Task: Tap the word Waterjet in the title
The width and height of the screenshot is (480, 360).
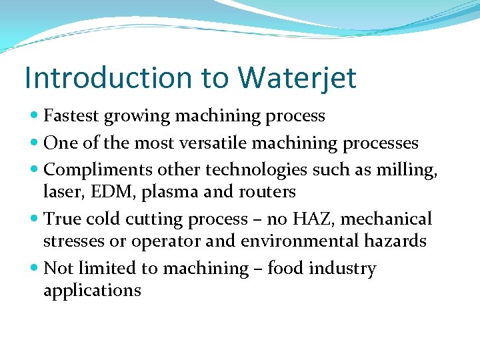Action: [x=297, y=78]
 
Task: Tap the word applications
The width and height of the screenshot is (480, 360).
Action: [x=92, y=291]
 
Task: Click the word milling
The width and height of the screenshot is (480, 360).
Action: [x=410, y=171]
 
